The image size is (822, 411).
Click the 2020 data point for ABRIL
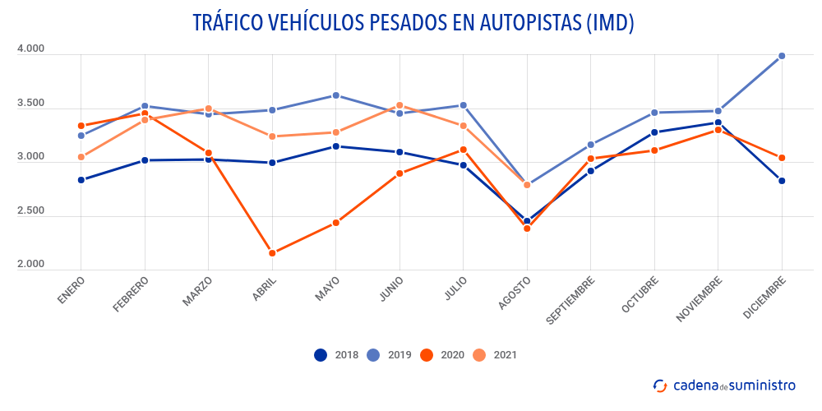[272, 253]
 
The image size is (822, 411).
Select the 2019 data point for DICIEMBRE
[782, 56]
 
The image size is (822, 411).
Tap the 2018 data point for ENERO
[81, 180]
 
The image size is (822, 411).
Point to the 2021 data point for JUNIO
[399, 105]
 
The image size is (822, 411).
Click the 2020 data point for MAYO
[336, 223]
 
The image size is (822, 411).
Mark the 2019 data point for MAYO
[336, 95]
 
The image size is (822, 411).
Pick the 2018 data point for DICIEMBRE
[782, 181]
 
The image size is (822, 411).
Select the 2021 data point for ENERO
[81, 157]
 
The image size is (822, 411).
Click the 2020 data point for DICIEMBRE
[782, 158]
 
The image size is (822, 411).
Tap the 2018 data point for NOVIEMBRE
[718, 123]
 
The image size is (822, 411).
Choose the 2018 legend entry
[337, 355]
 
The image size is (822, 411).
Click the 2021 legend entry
[496, 355]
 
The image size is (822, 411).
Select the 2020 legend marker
[427, 355]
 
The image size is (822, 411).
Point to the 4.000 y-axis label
[30, 49]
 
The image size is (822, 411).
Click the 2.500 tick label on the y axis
[30, 211]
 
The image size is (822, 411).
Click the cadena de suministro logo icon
[660, 386]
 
